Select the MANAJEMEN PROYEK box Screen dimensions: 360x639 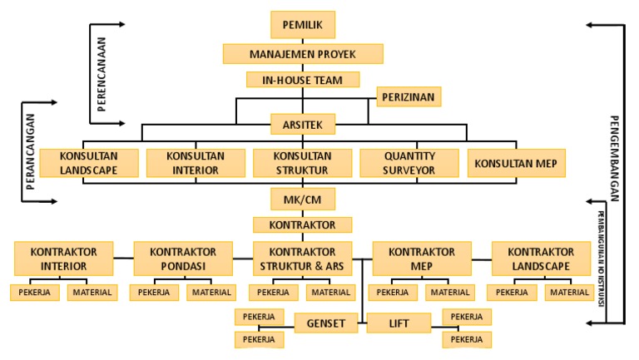(x=303, y=54)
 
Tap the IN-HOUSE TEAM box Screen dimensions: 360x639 (x=303, y=80)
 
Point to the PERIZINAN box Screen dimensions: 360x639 (x=408, y=97)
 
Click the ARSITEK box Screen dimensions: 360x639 (x=303, y=126)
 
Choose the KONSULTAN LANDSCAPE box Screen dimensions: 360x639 (x=88, y=163)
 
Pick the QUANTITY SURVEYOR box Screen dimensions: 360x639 (x=409, y=163)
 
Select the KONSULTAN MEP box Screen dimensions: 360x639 (x=515, y=163)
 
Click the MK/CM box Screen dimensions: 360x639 (x=303, y=200)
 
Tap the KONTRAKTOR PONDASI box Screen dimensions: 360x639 (x=182, y=259)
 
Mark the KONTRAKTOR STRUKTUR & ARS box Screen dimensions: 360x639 (x=303, y=259)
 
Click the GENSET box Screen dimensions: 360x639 (x=326, y=322)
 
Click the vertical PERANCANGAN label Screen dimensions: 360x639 (x=30, y=152)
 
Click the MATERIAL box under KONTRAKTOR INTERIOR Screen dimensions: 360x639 (x=92, y=293)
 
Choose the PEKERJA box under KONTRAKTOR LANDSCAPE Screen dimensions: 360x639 (x=510, y=293)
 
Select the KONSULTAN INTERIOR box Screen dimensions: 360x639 (x=196, y=163)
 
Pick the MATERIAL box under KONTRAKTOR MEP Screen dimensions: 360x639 (x=450, y=293)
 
